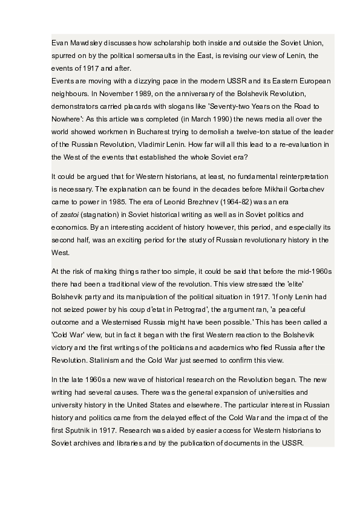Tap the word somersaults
[x=180, y=55]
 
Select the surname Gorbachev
[x=309, y=189]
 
